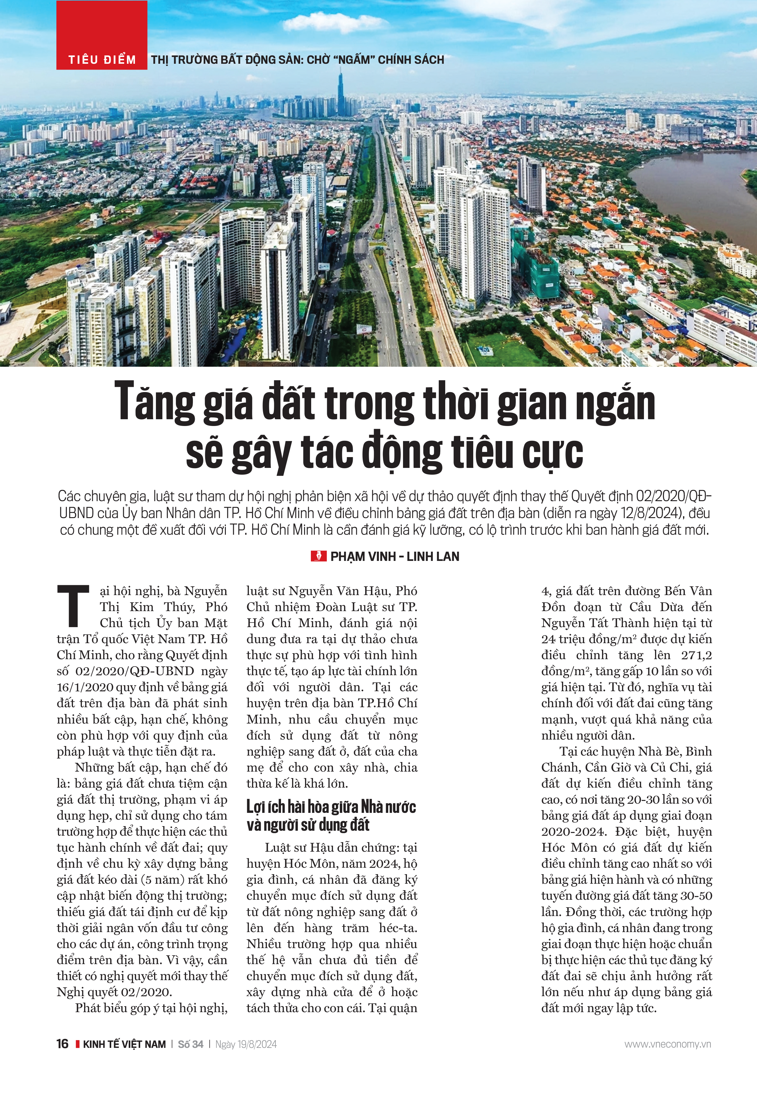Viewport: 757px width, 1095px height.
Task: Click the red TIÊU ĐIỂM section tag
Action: (102, 60)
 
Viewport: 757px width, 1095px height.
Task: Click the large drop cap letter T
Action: (74, 606)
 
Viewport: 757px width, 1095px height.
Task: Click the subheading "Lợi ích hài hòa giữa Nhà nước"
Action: (331, 807)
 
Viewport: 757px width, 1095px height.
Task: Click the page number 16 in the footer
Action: (62, 1044)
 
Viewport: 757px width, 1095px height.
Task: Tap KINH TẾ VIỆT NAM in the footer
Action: (124, 1044)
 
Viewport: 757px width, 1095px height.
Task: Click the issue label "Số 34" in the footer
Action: (191, 1044)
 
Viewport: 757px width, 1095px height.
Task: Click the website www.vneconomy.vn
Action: (667, 1044)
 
